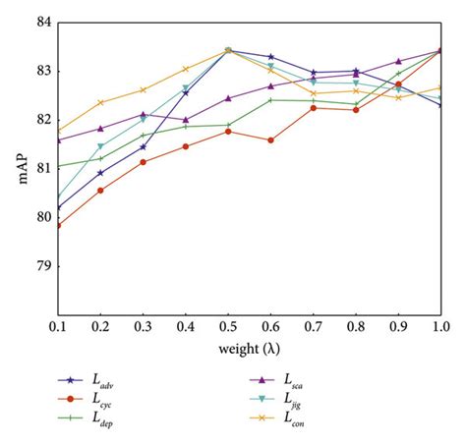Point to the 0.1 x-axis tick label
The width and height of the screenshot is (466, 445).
coord(59,324)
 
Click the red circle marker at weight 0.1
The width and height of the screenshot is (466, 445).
coord(59,225)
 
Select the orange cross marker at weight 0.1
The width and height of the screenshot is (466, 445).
coord(59,131)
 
